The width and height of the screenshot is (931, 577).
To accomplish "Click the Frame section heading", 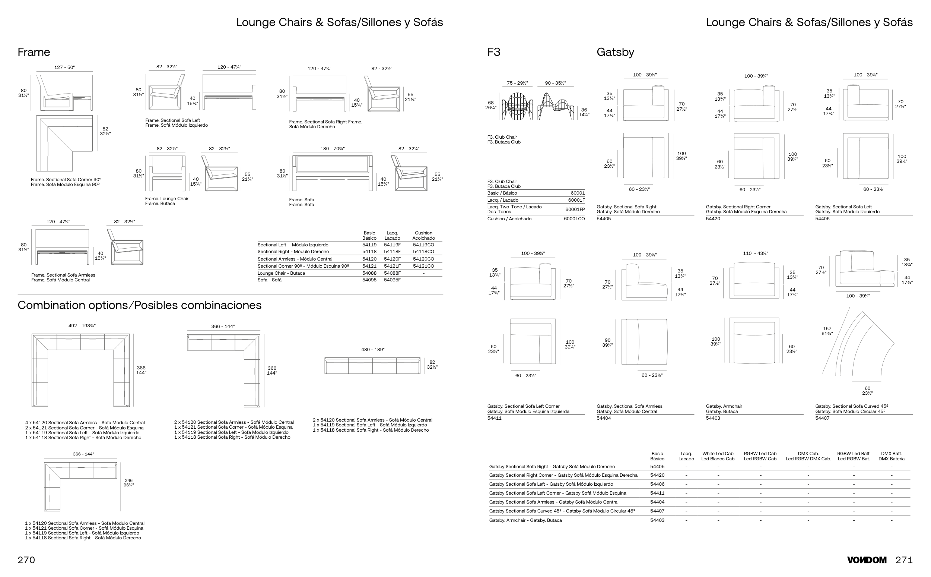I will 34,52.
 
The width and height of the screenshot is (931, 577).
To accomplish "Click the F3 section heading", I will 493,52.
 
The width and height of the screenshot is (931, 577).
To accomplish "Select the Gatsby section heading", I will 615,52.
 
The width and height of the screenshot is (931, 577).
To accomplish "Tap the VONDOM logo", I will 867,560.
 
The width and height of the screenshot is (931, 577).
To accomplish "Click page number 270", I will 26,560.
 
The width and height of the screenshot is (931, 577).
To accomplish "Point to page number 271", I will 904,560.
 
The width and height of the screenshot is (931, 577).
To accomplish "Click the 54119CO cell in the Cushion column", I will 423,245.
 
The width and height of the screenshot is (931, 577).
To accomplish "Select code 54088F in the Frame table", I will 392,273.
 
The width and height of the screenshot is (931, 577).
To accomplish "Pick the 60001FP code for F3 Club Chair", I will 575,209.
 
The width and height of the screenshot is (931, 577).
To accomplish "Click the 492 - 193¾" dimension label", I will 82,326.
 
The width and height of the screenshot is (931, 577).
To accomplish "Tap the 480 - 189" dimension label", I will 372,350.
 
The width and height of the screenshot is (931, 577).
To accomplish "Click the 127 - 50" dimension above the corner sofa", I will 64,67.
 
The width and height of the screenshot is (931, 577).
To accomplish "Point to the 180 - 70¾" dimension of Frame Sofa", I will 332,149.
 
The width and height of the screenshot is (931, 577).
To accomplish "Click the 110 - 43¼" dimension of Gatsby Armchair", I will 755,253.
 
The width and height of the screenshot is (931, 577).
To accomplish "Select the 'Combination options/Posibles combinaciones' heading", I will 140,305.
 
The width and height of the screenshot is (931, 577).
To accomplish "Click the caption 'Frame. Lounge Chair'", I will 166,199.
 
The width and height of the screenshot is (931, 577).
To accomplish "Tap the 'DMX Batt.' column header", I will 891,454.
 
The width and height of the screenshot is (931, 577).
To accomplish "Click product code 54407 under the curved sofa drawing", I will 822,418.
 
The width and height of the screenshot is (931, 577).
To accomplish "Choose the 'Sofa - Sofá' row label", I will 269,280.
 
